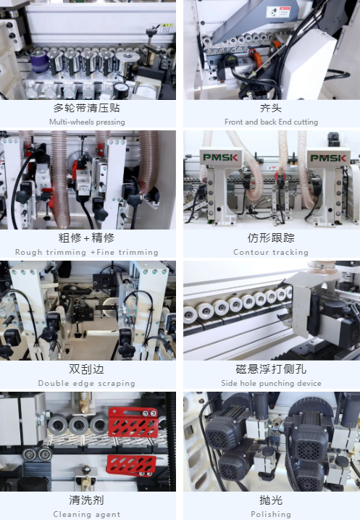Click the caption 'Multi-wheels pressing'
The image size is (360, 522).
point(87,122)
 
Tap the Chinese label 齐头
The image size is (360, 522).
point(271,108)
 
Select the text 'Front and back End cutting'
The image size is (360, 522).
point(271,122)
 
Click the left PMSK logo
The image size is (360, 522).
point(220,157)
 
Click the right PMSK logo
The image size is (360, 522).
point(328,158)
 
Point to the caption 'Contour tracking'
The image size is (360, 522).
point(271,252)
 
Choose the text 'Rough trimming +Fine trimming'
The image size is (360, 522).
point(87,252)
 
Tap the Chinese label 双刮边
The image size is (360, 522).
point(87,369)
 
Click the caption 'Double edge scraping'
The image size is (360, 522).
point(87,383)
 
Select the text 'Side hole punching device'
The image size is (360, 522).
point(271,383)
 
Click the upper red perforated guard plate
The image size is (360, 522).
point(133,422)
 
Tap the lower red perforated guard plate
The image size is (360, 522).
point(131,465)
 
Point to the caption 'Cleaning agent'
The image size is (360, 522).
point(87,514)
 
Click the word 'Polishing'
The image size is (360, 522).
point(271,514)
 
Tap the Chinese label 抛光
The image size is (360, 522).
point(271,500)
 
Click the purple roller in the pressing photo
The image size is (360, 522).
point(39,62)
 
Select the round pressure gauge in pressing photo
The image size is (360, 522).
point(121,89)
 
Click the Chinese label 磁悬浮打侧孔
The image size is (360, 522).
point(271,369)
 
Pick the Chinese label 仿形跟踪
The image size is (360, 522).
point(271,237)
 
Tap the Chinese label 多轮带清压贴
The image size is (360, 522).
point(87,108)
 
